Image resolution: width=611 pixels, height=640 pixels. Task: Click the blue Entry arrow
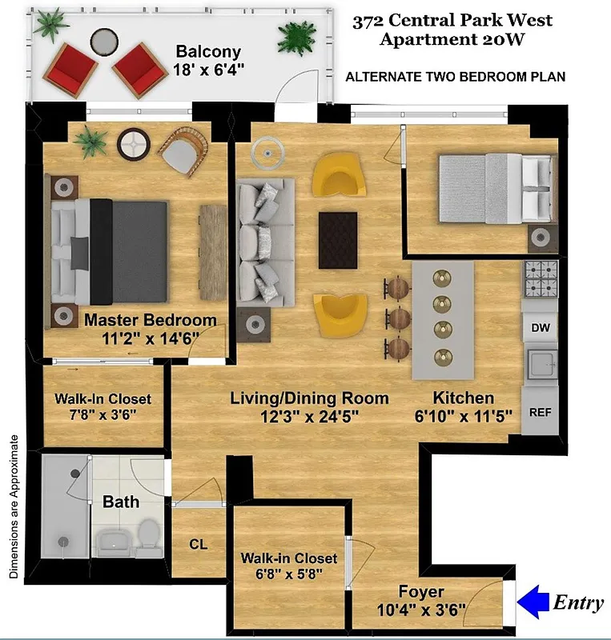[533, 602]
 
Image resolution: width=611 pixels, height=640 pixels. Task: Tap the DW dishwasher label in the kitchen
[539, 328]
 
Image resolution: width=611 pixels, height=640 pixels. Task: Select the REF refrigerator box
[539, 411]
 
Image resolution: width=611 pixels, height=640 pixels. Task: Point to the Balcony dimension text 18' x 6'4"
[208, 70]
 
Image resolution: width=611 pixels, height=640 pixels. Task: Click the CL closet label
[199, 545]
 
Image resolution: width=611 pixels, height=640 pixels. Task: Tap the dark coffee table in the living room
[338, 240]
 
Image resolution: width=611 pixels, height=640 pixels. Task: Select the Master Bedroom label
[151, 320]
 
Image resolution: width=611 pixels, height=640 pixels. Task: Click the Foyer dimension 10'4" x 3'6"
[421, 610]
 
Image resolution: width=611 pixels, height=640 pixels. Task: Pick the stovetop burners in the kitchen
[540, 278]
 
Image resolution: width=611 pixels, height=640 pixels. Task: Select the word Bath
[121, 502]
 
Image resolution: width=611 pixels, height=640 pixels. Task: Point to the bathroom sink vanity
[112, 542]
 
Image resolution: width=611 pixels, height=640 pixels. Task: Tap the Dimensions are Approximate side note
[14, 506]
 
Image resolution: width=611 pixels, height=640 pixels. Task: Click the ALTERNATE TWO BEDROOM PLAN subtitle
[455, 78]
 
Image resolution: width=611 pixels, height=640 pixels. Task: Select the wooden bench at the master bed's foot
[213, 241]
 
